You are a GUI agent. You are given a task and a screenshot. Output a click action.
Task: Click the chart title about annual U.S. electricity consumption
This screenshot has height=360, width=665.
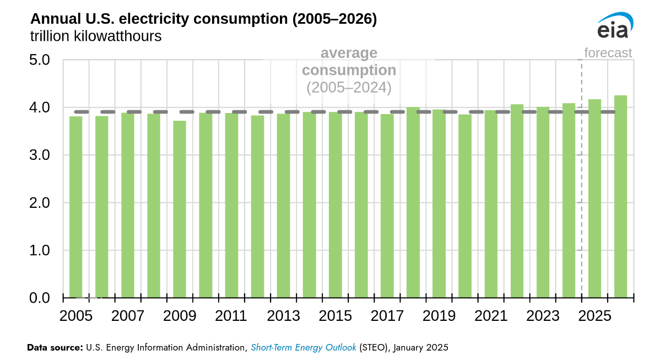pos(203,19)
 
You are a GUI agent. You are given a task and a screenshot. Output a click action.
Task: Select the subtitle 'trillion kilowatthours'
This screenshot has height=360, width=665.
pos(96,37)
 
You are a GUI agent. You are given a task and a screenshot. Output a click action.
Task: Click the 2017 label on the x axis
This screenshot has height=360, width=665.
pos(387,316)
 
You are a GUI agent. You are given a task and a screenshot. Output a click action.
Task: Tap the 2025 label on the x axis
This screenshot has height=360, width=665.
pos(594,316)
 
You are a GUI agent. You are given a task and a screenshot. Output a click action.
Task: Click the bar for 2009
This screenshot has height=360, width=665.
pos(180,209)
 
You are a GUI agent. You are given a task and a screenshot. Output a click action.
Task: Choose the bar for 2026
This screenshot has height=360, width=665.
pos(620,197)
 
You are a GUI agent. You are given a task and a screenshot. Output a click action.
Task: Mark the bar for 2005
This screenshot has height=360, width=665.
pos(76,207)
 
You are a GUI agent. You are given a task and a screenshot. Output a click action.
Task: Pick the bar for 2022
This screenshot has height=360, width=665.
pos(517,201)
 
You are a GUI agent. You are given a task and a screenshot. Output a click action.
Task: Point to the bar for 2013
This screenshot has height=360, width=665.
pos(283,206)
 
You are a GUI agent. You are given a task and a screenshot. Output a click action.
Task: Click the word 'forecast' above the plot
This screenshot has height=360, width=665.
pos(608,53)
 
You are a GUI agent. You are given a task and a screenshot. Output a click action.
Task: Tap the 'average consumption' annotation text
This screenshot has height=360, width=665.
pos(349,62)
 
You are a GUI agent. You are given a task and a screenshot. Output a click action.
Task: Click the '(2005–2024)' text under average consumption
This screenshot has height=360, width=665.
pos(349,88)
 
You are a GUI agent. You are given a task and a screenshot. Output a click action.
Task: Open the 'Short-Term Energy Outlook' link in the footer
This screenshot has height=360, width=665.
pos(304,347)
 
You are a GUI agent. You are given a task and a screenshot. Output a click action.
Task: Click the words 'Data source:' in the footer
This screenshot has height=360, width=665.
pos(55,347)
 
